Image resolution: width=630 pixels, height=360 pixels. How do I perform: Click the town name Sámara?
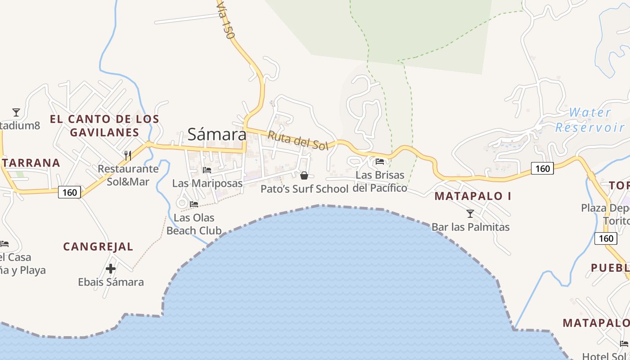click(x=217, y=134)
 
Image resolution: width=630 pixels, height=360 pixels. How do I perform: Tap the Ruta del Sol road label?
click(x=298, y=140)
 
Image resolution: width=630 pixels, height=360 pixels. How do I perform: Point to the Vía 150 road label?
click(x=225, y=21)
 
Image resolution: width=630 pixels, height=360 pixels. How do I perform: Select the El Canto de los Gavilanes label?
click(x=104, y=126)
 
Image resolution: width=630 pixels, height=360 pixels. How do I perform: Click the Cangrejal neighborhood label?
click(x=98, y=247)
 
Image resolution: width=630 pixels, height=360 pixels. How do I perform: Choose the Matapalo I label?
click(x=473, y=196)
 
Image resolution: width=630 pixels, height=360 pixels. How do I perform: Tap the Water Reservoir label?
click(x=589, y=120)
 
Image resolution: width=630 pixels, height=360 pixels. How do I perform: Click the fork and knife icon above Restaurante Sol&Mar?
click(x=128, y=156)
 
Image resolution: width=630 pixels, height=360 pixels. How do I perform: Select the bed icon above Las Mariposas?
click(x=207, y=170)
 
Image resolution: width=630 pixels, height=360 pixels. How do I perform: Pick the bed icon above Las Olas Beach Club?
click(x=194, y=204)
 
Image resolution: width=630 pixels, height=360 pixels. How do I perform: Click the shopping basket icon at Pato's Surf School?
click(x=304, y=175)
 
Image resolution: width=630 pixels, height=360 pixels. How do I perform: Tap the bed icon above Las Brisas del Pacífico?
click(x=380, y=161)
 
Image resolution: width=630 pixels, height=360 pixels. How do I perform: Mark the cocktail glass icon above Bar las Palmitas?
click(x=470, y=213)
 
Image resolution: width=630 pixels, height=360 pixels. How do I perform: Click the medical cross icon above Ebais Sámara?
click(x=111, y=269)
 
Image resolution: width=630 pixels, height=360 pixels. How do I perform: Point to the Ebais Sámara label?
click(x=111, y=282)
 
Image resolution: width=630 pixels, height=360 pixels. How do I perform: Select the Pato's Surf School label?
click(x=305, y=189)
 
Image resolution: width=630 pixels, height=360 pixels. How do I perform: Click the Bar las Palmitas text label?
click(x=470, y=227)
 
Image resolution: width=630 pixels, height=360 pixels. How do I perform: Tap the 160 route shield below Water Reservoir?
click(x=543, y=168)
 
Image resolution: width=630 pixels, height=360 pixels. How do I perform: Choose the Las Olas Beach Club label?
click(x=194, y=224)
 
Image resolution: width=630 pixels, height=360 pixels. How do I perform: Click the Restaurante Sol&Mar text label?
click(x=128, y=175)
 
